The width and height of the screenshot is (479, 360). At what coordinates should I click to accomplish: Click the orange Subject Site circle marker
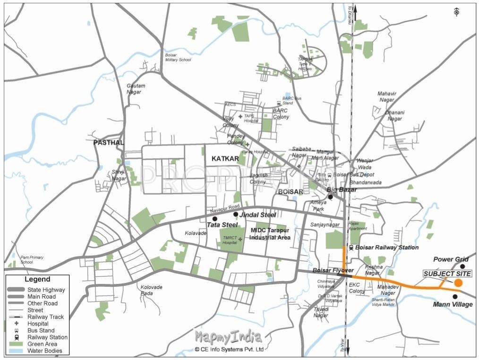[458, 283]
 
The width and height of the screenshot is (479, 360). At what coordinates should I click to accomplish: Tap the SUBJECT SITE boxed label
[447, 274]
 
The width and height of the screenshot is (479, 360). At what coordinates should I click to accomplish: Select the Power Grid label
[451, 259]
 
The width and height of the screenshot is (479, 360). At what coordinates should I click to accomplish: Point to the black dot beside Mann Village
[455, 296]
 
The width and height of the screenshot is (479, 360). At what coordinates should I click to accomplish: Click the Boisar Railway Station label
[386, 248]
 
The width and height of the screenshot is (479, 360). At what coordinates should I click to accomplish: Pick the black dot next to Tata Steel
[215, 219]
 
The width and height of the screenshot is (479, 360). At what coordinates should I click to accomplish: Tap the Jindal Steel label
[258, 215]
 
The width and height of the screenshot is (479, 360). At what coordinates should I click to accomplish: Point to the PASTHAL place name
[109, 142]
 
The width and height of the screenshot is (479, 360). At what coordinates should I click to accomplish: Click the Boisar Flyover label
[333, 270]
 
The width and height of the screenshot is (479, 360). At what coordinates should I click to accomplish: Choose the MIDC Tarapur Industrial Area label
[270, 234]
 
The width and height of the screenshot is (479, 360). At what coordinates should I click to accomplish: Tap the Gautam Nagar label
[136, 89]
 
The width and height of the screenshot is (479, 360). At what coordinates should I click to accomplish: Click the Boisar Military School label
[178, 57]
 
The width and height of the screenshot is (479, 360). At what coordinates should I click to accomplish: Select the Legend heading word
[37, 280]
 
